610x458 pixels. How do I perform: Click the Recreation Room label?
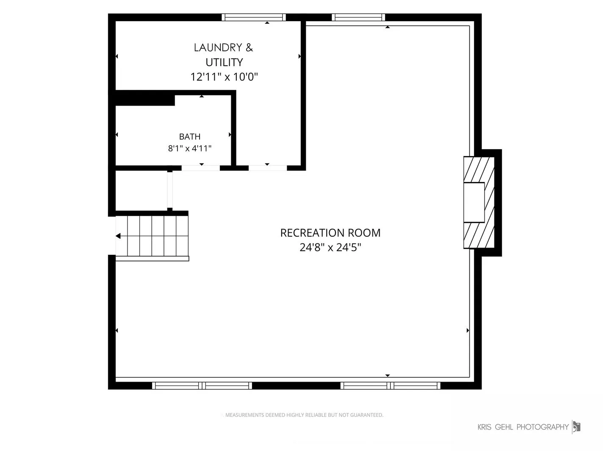[330, 233]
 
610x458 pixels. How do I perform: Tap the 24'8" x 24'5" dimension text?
[330, 247]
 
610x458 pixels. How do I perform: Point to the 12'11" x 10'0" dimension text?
[224, 77]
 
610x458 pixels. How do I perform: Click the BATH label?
[189, 137]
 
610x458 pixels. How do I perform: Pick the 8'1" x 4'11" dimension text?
[189, 148]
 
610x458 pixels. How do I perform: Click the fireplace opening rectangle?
[474, 202]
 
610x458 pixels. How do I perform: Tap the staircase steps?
[152, 236]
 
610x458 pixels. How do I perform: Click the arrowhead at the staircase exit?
[118, 236]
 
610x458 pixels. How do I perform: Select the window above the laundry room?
[253, 17]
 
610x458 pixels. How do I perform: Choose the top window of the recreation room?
[358, 17]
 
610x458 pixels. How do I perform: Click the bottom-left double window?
[202, 385]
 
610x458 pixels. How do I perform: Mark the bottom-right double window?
[391, 385]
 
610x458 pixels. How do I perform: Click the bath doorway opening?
[201, 168]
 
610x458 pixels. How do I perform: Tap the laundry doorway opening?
[268, 168]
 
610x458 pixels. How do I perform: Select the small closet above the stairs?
[141, 190]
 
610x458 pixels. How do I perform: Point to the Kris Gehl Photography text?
[523, 427]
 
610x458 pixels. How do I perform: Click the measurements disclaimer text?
[304, 415]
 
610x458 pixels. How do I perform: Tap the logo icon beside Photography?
[576, 427]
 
